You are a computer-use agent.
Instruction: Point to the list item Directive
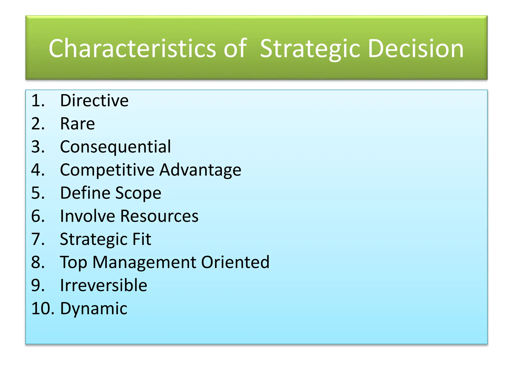94,101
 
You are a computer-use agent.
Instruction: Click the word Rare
77,124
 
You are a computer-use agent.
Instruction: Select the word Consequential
115,147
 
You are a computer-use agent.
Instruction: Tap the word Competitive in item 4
107,170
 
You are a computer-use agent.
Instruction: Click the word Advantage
200,170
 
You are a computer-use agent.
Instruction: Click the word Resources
159,216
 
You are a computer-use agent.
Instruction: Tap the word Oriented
235,262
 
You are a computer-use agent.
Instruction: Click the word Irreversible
103,285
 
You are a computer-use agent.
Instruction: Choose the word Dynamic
94,309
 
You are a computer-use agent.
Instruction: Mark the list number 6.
38,216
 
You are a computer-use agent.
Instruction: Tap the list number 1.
38,101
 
